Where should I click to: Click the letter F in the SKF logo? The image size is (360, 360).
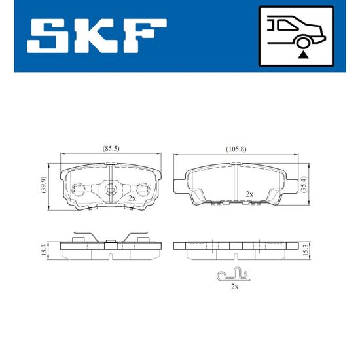coord(145,36)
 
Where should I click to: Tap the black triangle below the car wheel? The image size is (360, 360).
coord(303,56)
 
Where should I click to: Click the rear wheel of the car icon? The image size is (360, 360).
coord(303,43)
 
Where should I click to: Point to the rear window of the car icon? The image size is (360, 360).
coord(286,25)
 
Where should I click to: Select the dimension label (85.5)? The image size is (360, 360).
coord(111,149)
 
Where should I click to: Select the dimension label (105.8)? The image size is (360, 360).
coord(236,149)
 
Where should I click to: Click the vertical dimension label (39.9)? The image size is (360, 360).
coord(44,185)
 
